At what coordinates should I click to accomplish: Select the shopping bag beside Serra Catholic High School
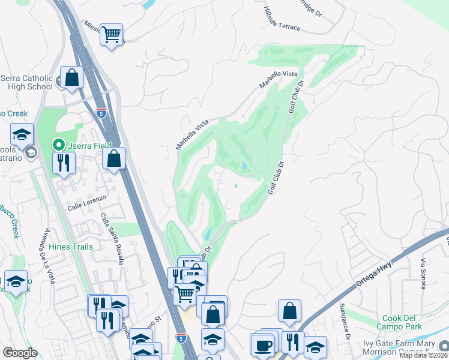pos(72,77)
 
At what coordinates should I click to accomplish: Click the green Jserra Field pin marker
pos(59,144)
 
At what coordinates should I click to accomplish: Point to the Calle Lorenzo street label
pos(86,202)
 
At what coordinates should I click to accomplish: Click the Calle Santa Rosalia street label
pos(112,239)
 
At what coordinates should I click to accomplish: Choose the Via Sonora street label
pos(423,273)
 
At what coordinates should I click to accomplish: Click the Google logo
pos(20,353)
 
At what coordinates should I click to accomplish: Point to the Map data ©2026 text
pos(423,355)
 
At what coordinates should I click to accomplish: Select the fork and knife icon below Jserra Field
pos(62,162)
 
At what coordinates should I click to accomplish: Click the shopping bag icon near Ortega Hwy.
pos(289,310)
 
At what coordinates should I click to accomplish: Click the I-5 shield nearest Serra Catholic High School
pos(102,112)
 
